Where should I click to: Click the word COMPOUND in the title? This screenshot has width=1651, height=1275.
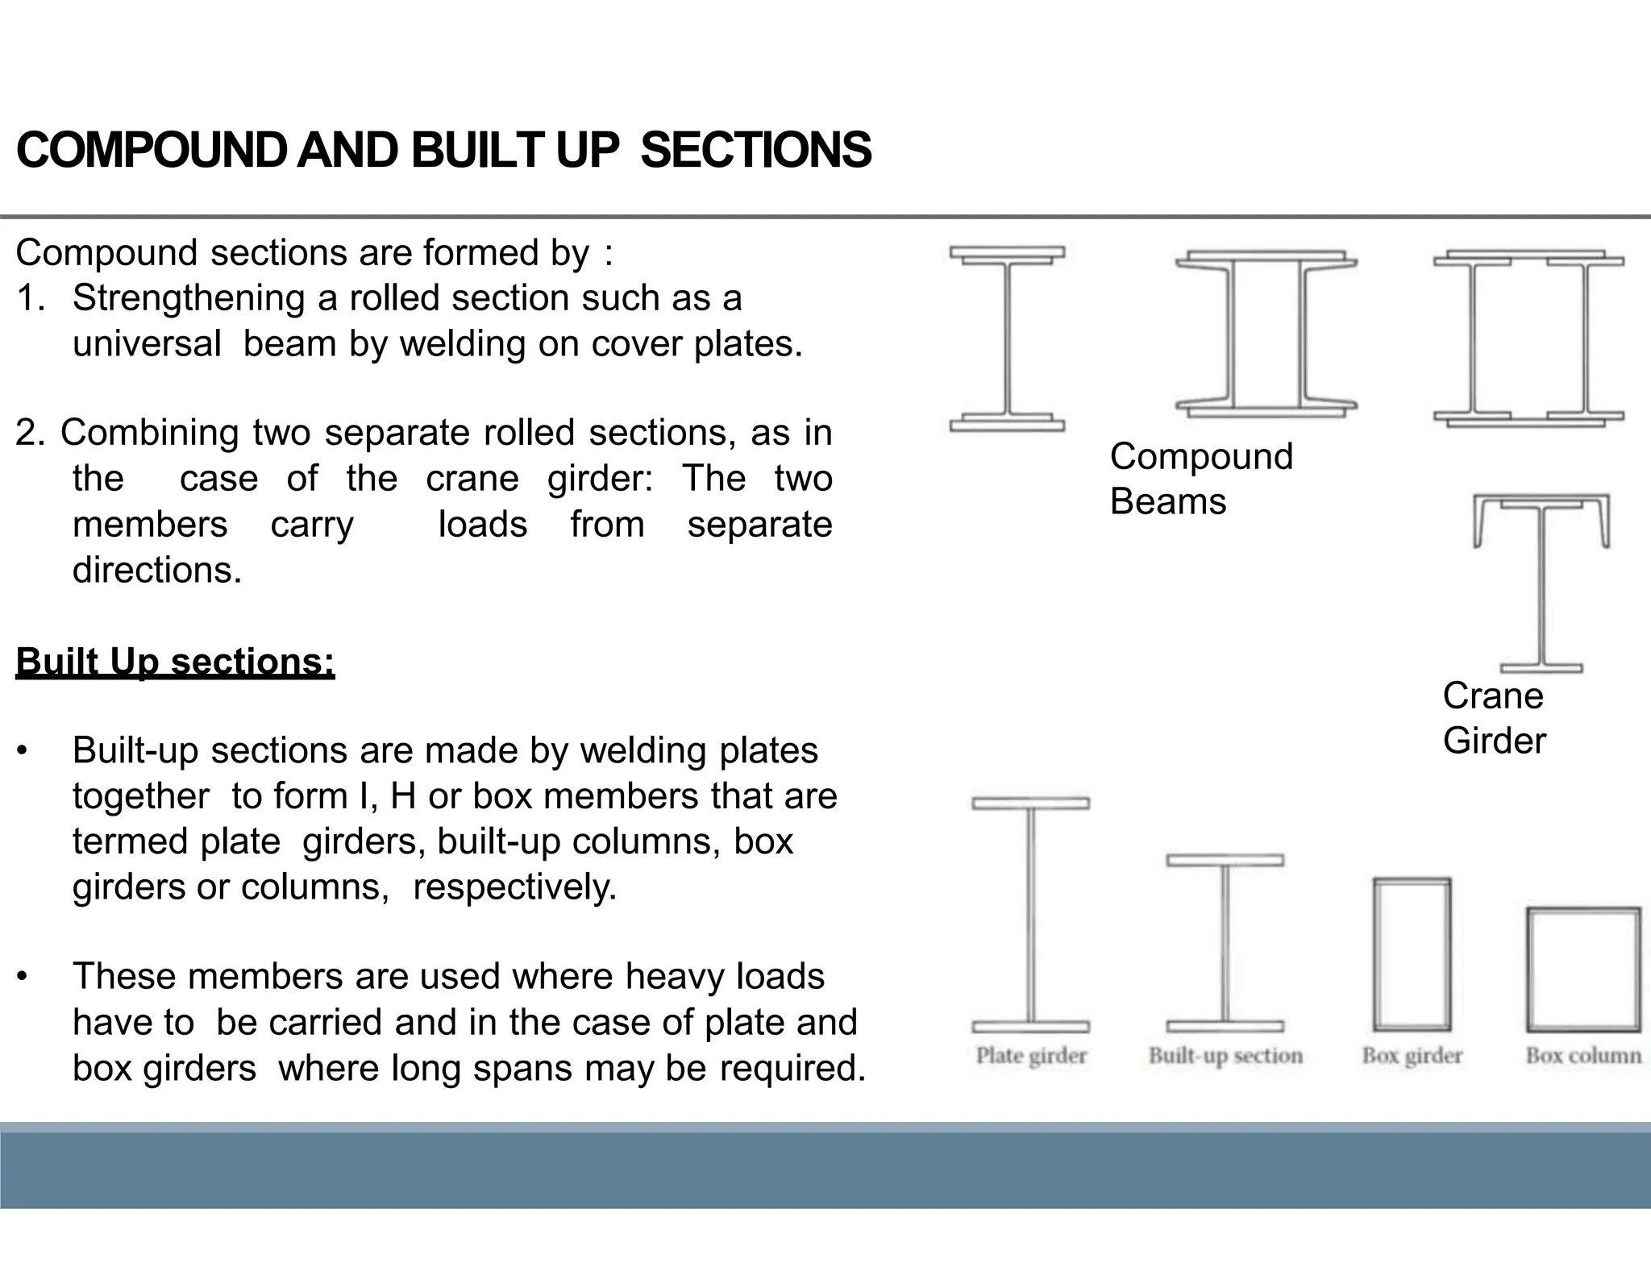coord(150,151)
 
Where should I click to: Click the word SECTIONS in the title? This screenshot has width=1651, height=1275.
coord(755,151)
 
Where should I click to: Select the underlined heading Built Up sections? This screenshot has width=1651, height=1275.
coord(175,662)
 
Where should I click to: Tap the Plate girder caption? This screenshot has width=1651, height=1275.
coord(1031,1056)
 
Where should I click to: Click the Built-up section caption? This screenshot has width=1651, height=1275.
coord(1225,1056)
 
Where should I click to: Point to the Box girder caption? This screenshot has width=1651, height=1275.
coord(1412,1056)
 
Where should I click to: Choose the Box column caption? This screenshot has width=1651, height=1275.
coord(1583,1056)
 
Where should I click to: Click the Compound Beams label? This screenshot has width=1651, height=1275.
coord(1200,479)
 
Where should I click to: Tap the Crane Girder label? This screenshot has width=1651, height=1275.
coord(1493,718)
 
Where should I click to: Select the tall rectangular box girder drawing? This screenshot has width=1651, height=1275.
coord(1412,954)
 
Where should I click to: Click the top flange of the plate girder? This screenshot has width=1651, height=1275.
coord(1030,804)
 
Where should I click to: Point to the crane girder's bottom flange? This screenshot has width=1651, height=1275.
coord(1541,667)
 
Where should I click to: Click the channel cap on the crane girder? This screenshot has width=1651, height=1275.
coord(1541,500)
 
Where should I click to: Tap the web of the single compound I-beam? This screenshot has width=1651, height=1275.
coord(1007,338)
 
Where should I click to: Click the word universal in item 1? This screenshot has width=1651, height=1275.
coord(147,344)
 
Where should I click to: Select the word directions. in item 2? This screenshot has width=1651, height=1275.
coord(157,571)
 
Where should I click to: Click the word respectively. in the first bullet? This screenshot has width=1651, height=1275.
coord(514,887)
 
